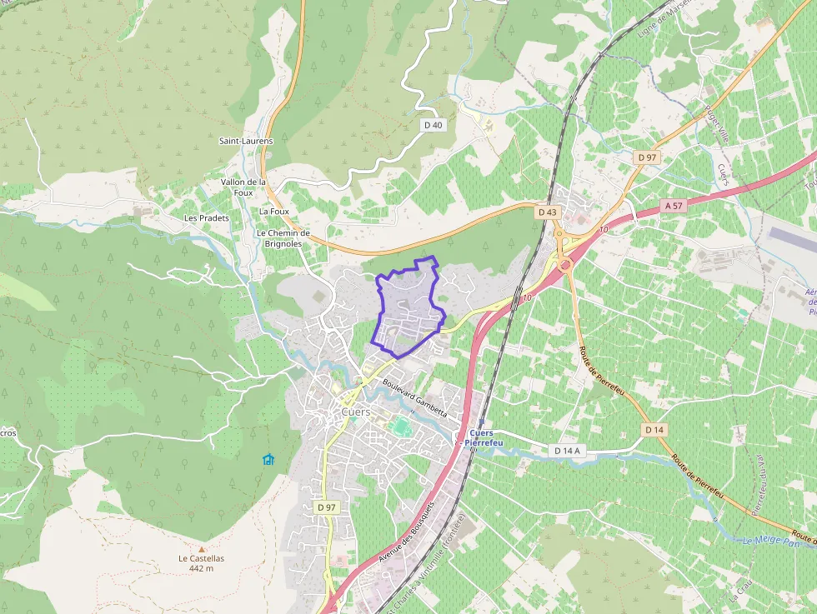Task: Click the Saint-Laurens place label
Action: pos(246,141)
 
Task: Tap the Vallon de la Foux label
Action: pos(243,187)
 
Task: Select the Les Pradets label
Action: pos(207,217)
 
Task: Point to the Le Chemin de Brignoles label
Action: pos(283,238)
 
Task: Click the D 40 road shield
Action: pos(433,125)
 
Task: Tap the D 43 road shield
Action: pos(547,212)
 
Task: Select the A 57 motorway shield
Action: pos(674,205)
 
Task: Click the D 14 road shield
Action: pos(654,429)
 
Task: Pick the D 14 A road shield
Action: pos(567,451)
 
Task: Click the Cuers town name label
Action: pos(356,412)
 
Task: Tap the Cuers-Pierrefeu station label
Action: pos(488,438)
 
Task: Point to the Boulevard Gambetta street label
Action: pos(415,399)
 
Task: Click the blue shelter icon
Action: pos(268,459)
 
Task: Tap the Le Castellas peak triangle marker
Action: pos(201,549)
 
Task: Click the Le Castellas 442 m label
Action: pos(201,563)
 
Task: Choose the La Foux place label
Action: pos(274,212)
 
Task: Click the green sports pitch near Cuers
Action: pos(402,427)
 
